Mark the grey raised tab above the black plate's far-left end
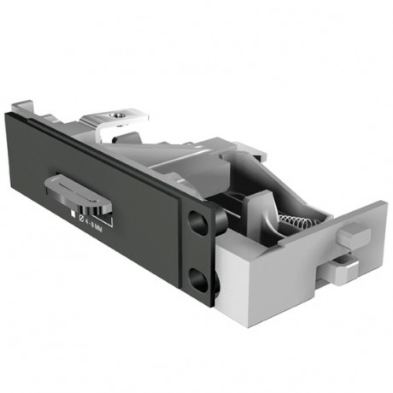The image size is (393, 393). coord(23,108)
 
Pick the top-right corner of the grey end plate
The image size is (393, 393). coord(384,203)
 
